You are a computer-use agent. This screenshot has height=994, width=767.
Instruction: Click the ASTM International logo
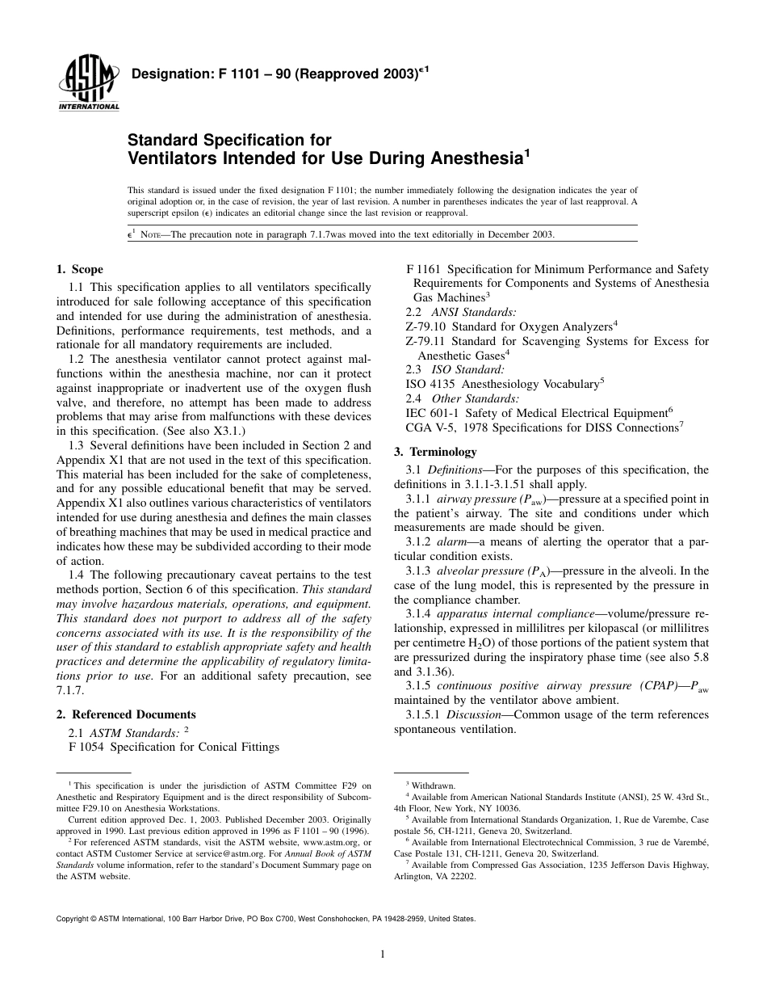(x=87, y=85)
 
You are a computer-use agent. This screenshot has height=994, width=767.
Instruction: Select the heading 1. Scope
(x=80, y=269)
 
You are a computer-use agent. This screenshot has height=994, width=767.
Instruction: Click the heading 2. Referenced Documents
(x=126, y=714)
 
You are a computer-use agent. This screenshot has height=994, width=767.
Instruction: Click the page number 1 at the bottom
(x=383, y=954)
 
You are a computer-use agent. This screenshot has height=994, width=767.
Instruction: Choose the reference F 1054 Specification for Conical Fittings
(x=174, y=747)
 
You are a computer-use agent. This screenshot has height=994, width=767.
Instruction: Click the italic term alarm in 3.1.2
(x=452, y=541)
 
